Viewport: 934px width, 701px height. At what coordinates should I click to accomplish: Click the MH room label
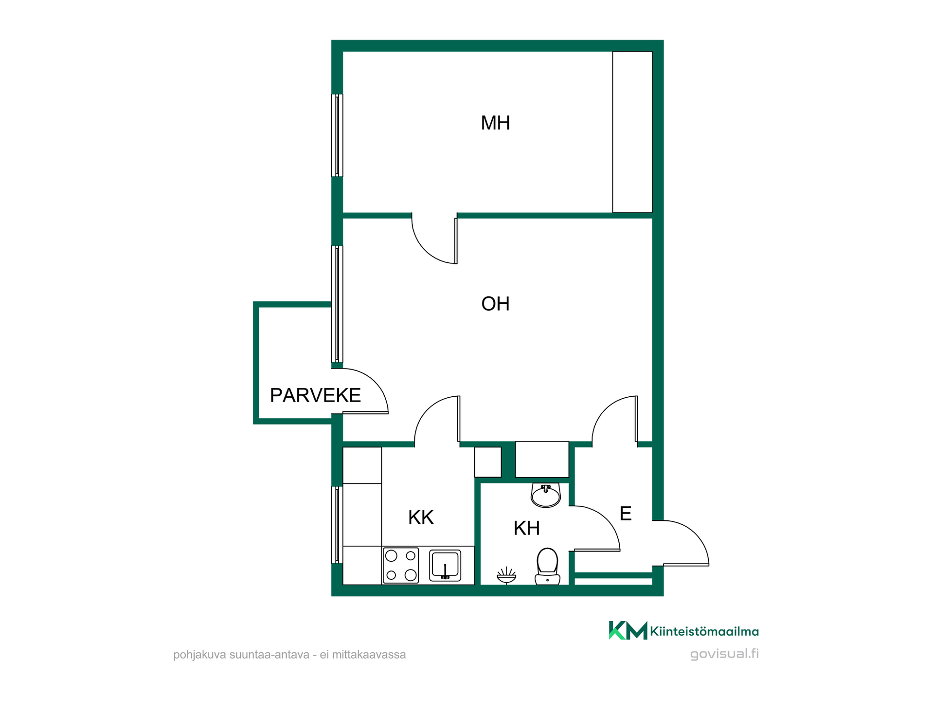[x=495, y=123]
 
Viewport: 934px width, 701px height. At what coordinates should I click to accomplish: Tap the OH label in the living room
[x=495, y=304]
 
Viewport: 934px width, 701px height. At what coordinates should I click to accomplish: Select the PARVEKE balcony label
[x=315, y=395]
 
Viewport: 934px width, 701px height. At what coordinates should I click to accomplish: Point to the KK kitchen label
[x=421, y=517]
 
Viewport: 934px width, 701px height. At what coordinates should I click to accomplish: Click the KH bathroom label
[x=527, y=528]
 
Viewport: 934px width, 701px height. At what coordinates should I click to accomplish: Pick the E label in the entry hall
[x=626, y=514]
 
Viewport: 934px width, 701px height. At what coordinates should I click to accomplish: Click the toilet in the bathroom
[x=547, y=566]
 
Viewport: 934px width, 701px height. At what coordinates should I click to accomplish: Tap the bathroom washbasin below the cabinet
[x=546, y=495]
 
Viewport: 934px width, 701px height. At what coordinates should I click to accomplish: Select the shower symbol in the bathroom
[x=506, y=575]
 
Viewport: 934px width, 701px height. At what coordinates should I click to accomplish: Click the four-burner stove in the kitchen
[x=401, y=565]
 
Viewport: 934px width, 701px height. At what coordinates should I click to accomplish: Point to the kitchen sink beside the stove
[x=445, y=565]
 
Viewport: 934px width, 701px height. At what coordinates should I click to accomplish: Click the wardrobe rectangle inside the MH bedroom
[x=632, y=132]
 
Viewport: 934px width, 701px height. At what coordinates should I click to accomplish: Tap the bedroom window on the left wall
[x=337, y=135]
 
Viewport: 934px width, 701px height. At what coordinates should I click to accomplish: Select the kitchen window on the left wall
[x=337, y=525]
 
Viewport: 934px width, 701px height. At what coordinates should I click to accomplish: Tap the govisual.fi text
[x=724, y=653]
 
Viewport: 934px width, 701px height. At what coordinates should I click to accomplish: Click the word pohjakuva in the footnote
[x=199, y=655]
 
